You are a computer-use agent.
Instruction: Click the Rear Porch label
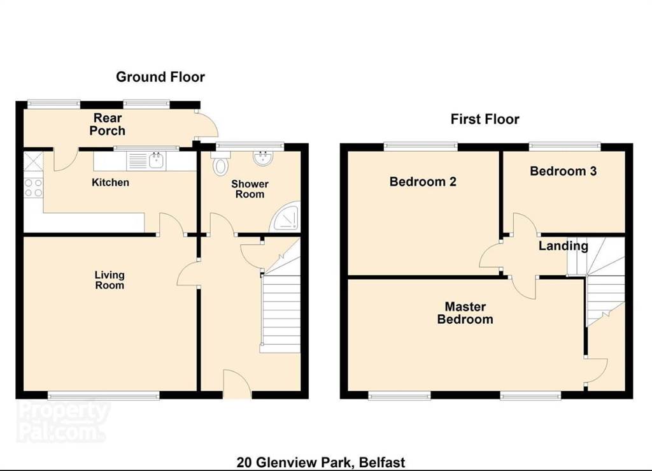point(107,124)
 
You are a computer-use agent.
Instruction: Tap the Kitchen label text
point(110,182)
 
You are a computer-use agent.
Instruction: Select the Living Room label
point(110,280)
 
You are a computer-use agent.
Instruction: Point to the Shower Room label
point(250,189)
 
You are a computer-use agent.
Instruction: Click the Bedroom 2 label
point(423,182)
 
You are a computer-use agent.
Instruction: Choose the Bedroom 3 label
point(563,171)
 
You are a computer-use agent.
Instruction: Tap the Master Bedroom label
point(465,313)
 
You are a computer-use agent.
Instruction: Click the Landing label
point(563,246)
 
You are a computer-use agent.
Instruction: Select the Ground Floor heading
point(160,77)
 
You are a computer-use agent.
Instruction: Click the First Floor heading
point(485,119)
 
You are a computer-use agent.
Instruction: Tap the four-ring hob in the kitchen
point(33,187)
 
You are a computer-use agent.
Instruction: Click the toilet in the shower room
point(220,163)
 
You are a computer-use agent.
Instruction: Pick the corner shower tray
point(285,217)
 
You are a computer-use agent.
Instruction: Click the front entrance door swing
point(237,383)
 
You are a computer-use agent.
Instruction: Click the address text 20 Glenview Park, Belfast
point(321,462)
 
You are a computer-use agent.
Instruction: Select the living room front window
point(104,395)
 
